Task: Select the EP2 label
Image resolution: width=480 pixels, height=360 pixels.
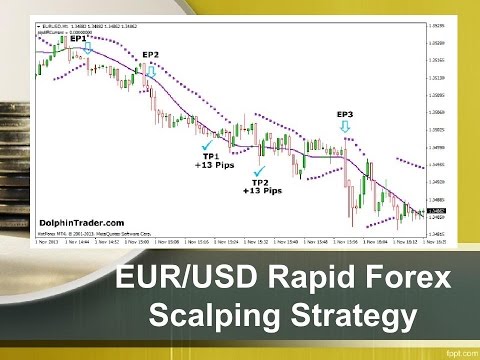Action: [151, 55]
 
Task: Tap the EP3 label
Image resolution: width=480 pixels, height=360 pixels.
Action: [345, 113]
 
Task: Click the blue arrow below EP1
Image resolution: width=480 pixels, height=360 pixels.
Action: [88, 47]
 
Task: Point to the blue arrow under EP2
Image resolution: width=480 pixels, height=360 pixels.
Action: [152, 70]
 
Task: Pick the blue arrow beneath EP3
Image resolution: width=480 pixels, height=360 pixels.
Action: [345, 126]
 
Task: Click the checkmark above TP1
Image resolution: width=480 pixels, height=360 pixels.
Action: [207, 146]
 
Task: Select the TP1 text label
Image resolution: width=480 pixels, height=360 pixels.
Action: [211, 156]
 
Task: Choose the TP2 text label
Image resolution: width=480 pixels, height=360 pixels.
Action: [261, 183]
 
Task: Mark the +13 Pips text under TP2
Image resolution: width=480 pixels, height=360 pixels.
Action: [261, 191]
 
